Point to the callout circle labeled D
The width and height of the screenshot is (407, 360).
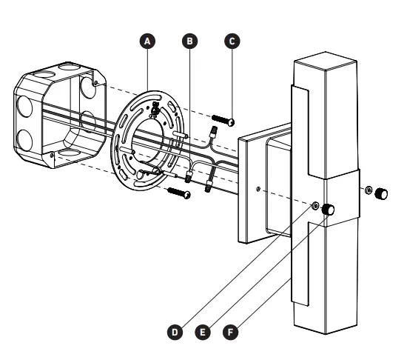pos(175,333)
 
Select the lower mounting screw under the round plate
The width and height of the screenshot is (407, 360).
pos(180,193)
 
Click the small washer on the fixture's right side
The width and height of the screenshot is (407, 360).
pos(368,190)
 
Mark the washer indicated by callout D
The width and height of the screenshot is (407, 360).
pos(317,206)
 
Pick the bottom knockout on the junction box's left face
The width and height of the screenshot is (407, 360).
pos(25,139)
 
